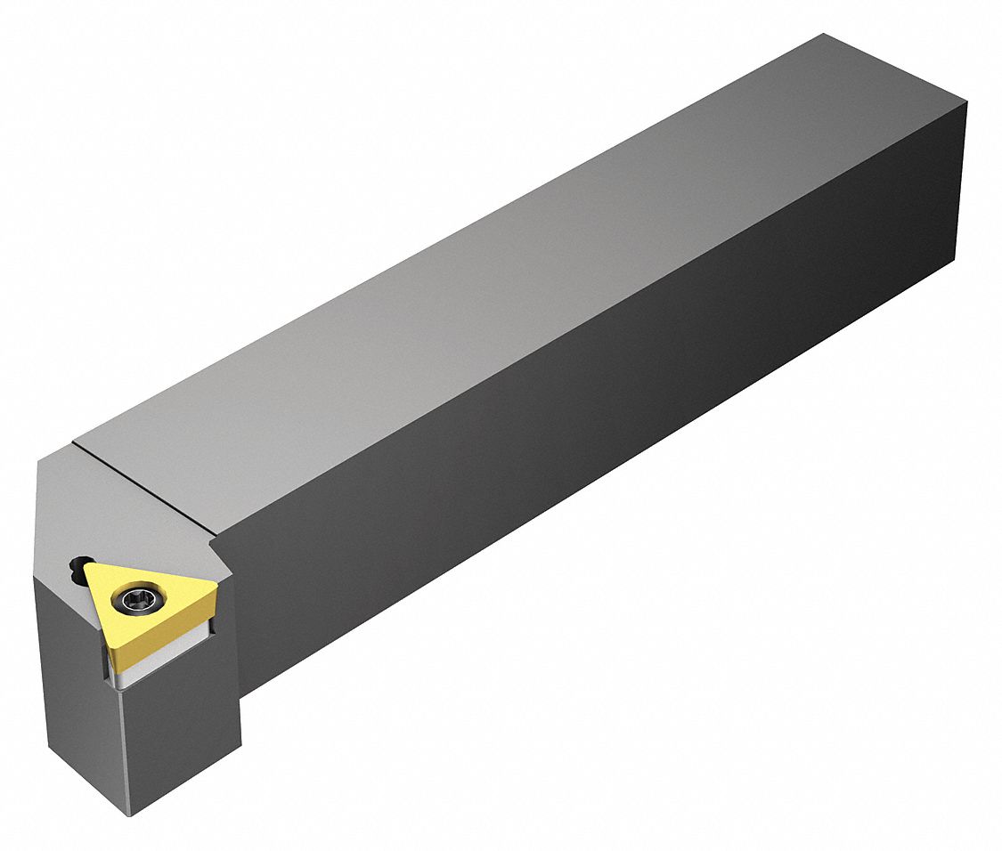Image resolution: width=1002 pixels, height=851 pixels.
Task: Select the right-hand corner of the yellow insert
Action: [x=215, y=586]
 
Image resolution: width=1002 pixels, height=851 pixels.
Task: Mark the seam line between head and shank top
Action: [x=143, y=485]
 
